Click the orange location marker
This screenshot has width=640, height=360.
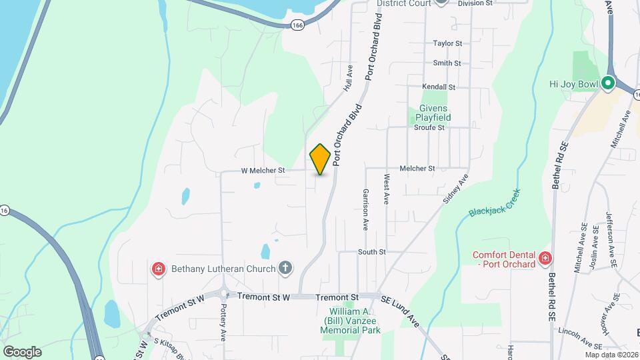[x=320, y=159]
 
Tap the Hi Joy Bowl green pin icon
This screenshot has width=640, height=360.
[x=607, y=83]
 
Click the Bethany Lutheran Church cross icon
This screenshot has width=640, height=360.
[x=285, y=269]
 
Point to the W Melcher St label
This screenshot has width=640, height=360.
[x=263, y=171]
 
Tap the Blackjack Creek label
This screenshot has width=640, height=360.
[x=494, y=202]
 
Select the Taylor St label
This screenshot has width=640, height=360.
[x=447, y=43]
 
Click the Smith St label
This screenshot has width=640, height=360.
[x=447, y=63]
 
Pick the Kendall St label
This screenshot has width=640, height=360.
[x=439, y=87]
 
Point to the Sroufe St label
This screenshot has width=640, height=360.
[x=429, y=127]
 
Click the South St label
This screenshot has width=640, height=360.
[x=372, y=252]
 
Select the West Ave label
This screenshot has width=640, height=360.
[x=386, y=189]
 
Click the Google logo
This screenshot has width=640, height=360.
[x=22, y=352]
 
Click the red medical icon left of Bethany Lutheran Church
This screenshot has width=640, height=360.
[x=159, y=269]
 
